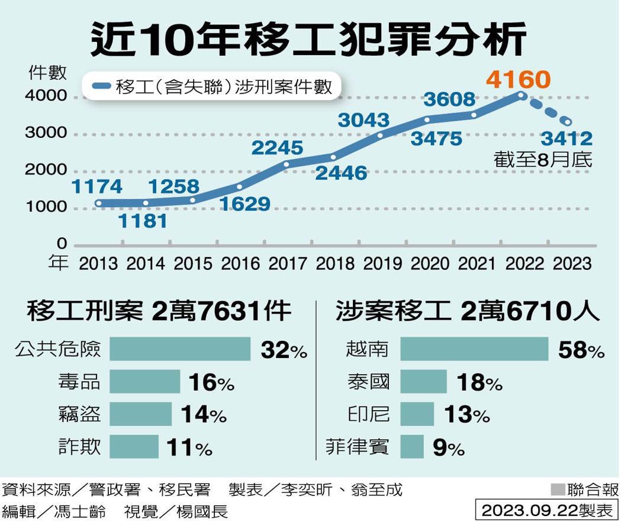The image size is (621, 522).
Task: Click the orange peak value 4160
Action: point(518,79)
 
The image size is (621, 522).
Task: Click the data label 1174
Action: point(96,187)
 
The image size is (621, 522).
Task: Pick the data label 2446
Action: point(340,173)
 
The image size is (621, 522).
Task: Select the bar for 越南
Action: point(474,349)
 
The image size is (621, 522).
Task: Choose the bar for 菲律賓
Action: point(412,447)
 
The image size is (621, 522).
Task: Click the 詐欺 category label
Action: point(80,447)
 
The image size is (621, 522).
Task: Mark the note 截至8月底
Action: point(543,159)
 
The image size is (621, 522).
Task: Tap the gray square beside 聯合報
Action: point(557,489)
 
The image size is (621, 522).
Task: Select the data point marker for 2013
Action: point(98,204)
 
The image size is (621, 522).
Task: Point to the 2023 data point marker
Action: point(568,123)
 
